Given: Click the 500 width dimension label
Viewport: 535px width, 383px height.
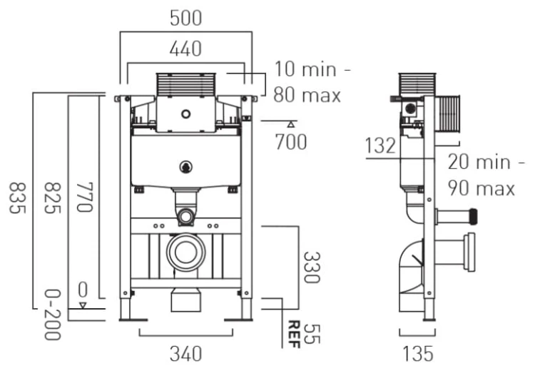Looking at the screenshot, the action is (186, 18).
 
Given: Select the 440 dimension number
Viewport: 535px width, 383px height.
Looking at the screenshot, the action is (185, 48).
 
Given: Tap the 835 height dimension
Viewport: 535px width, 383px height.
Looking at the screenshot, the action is (17, 198).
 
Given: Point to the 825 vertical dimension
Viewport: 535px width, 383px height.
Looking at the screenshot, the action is (52, 198).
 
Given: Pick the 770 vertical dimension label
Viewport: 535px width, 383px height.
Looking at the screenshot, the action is (84, 198).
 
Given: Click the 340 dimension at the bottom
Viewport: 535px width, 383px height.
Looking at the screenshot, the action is (186, 354).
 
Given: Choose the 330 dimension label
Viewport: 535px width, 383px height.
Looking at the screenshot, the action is (312, 267).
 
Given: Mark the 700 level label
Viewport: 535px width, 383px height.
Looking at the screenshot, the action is (291, 142).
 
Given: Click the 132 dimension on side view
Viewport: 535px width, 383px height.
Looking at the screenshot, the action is (380, 145).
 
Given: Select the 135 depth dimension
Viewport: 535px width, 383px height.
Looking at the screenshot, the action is (418, 354).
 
